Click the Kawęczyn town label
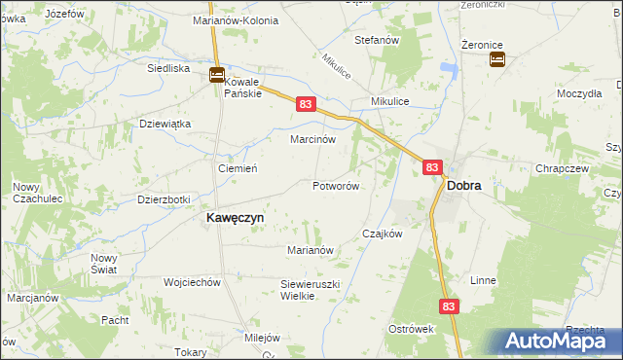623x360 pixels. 234,219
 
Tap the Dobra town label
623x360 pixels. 465,186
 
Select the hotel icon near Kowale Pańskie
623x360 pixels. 217,75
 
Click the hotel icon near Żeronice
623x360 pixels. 496,60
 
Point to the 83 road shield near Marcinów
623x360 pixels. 307,103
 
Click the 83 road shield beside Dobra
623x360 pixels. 432,167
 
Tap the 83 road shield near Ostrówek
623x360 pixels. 448,306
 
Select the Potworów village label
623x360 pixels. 337,186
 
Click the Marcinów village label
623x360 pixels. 314,139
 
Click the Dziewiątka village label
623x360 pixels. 165,124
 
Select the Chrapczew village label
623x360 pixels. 560,168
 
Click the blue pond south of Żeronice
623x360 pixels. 449,69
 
